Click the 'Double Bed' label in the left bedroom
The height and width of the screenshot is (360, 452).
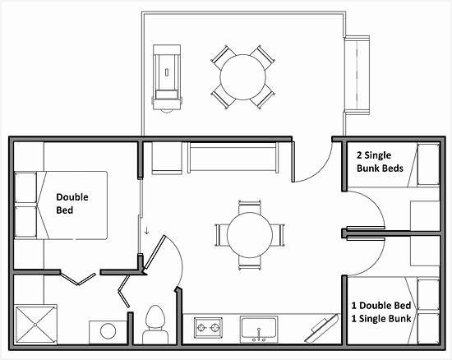click(71, 203)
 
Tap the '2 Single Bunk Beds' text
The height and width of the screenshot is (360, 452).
click(381, 161)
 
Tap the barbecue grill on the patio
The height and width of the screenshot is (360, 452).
click(168, 76)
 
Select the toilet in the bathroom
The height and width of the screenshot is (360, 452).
click(154, 323)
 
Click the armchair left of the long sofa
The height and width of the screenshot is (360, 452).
click(166, 156)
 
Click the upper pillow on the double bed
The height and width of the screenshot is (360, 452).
click(27, 189)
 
